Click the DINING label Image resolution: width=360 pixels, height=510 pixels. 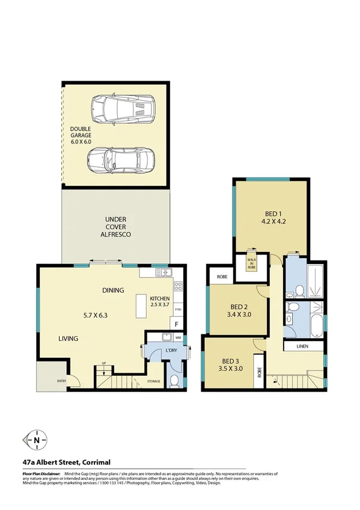tap(112, 290)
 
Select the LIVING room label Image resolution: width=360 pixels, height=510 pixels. tap(68, 339)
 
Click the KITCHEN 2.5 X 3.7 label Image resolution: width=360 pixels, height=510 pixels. tap(160, 303)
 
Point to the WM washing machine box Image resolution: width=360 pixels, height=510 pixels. tap(178, 337)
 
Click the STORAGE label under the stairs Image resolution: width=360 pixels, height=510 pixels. tap(154, 381)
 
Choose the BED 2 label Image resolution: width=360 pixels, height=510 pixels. tap(236, 309)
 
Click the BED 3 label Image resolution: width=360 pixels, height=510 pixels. tap(231, 365)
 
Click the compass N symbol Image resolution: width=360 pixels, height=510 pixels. tap(37, 440)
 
